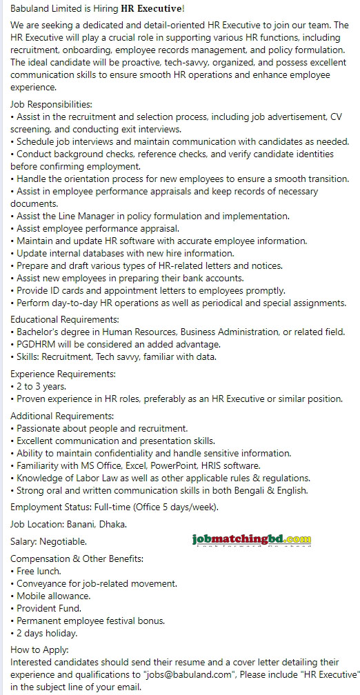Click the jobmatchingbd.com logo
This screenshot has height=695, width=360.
pos(252,540)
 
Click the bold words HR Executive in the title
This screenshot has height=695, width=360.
pos(157,8)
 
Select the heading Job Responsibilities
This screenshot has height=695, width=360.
pos(52,104)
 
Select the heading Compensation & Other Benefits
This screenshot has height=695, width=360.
pos(77,558)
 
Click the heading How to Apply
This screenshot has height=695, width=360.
pos(39,649)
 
